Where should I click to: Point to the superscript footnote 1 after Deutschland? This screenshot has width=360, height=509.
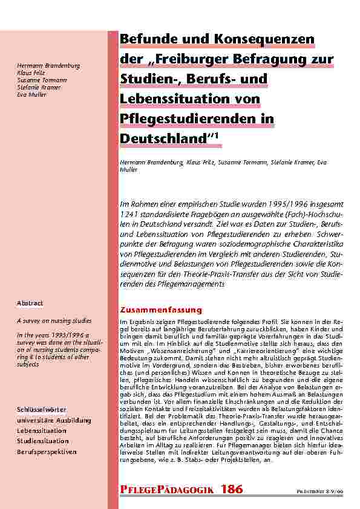click(220, 135)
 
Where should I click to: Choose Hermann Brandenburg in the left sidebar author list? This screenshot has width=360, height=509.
click(49, 65)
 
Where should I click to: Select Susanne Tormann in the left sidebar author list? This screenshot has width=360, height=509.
click(42, 80)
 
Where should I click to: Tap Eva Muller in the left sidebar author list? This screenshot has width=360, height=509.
click(32, 94)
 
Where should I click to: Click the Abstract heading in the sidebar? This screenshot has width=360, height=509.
click(30, 303)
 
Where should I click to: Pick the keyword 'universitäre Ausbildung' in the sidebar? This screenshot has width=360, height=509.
click(54, 420)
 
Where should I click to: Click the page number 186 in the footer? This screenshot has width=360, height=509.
click(232, 489)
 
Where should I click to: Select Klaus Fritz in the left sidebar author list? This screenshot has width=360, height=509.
click(30, 73)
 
